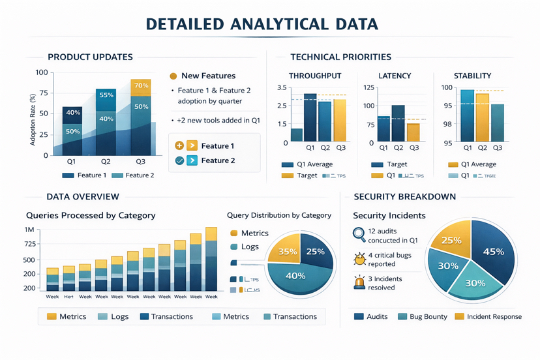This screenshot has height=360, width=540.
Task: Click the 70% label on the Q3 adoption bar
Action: pyautogui.click(x=141, y=86)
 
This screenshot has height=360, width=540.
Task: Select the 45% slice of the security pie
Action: pyautogui.click(x=493, y=252)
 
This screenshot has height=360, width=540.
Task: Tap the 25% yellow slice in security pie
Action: pyautogui.click(x=451, y=241)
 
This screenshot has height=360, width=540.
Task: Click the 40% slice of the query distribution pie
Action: pyautogui.click(x=295, y=276)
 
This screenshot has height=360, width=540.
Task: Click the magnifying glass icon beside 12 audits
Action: pyautogui.click(x=359, y=235)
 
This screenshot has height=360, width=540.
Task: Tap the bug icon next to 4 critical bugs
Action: pyautogui.click(x=359, y=259)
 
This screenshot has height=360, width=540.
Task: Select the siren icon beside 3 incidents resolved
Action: pyautogui.click(x=359, y=283)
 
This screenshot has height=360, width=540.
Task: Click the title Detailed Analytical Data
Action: pyautogui.click(x=262, y=24)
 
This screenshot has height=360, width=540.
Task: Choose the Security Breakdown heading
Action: pyautogui.click(x=404, y=196)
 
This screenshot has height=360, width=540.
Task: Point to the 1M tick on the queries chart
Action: pyautogui.click(x=30, y=230)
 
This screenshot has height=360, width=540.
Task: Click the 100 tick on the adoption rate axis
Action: pyautogui.click(x=42, y=73)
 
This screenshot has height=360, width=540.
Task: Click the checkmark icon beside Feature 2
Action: pyautogui.click(x=179, y=160)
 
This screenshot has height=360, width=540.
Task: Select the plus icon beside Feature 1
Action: pyautogui.click(x=179, y=145)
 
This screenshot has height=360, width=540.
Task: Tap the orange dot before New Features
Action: pyautogui.click(x=173, y=76)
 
